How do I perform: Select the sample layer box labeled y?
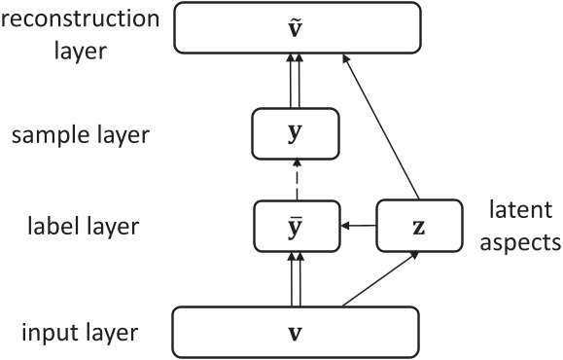(296, 134)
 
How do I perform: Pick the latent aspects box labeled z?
(419, 227)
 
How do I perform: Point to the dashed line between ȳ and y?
(296, 180)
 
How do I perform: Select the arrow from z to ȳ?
(358, 227)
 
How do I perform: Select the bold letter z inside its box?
(419, 228)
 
